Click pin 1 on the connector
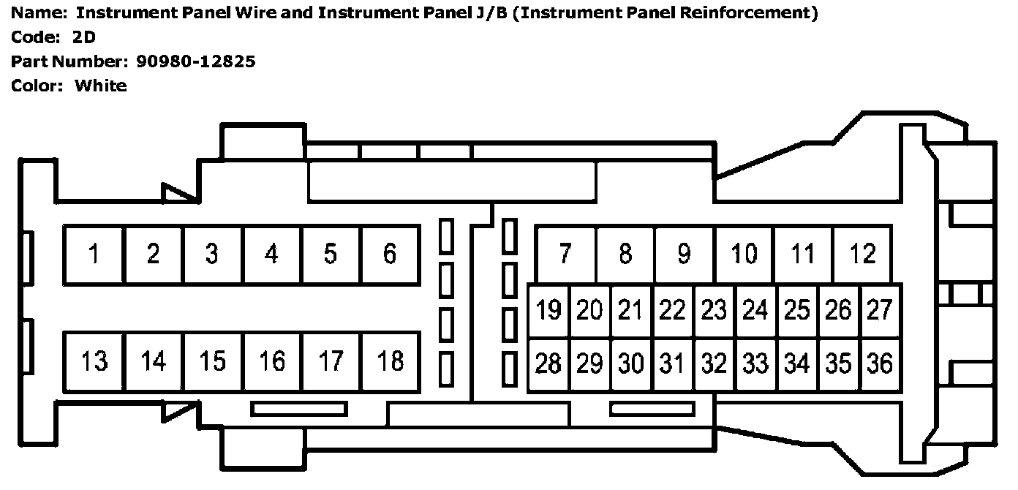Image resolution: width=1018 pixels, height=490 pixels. pyautogui.click(x=94, y=255)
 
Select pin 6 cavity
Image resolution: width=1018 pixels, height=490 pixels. pyautogui.click(x=390, y=255)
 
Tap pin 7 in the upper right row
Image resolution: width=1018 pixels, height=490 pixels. pyautogui.click(x=565, y=255)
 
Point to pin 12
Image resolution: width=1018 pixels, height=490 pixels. pyautogui.click(x=863, y=255)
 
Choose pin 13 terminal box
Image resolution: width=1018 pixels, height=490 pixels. pyautogui.click(x=94, y=361)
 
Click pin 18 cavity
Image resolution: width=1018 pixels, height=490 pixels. pyautogui.click(x=390, y=361)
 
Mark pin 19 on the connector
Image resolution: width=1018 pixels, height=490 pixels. pyautogui.click(x=548, y=311)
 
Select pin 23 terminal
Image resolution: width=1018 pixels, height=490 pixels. pyautogui.click(x=714, y=311)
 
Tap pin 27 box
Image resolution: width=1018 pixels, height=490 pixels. pyautogui.click(x=880, y=311)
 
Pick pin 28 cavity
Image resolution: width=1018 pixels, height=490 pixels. pyautogui.click(x=548, y=363)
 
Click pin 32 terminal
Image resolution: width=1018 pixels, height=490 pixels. pyautogui.click(x=714, y=363)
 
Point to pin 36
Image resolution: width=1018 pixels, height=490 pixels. pyautogui.click(x=880, y=363)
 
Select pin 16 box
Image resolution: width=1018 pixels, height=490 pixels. pyautogui.click(x=271, y=361)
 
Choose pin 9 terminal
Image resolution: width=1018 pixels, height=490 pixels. pyautogui.click(x=684, y=255)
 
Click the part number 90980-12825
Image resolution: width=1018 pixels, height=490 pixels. pyautogui.click(x=196, y=61)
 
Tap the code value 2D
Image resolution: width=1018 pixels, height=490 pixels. pyautogui.click(x=84, y=37)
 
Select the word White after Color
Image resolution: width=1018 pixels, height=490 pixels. pyautogui.click(x=101, y=86)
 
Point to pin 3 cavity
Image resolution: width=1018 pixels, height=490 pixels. pyautogui.click(x=212, y=255)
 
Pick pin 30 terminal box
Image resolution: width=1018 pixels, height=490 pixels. pyautogui.click(x=630, y=363)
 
